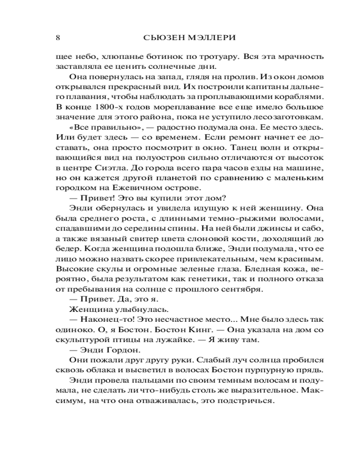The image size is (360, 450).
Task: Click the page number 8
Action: pyautogui.click(x=58, y=38)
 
